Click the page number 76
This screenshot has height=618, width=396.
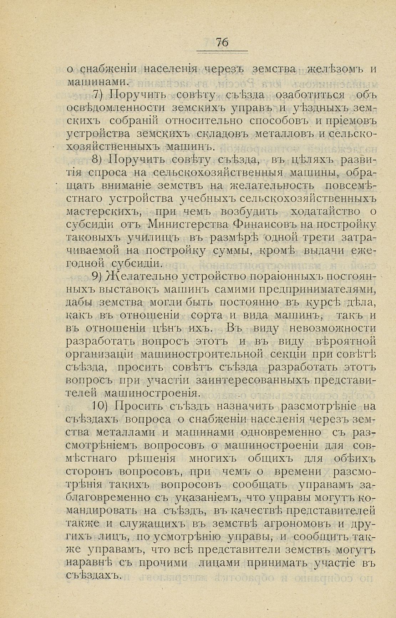point(222,42)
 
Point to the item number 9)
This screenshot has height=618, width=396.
point(98,276)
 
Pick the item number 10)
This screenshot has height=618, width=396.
point(100,406)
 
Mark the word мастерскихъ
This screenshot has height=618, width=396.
point(103,212)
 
